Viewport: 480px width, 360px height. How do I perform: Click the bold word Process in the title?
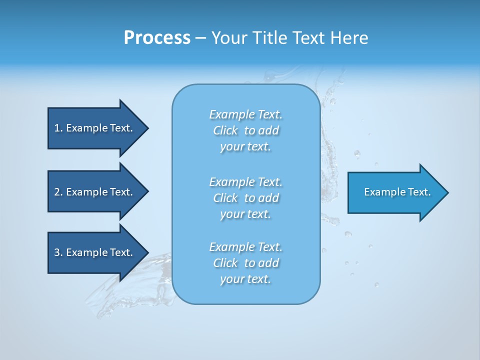157,38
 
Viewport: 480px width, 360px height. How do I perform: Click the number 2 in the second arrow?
57,192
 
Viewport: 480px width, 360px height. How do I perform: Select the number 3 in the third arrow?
57,252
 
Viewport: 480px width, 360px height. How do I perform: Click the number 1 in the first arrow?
56,128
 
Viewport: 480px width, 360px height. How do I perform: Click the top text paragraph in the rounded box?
245,130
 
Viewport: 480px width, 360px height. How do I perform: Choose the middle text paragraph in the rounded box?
245,198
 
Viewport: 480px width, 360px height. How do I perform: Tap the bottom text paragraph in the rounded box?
245,263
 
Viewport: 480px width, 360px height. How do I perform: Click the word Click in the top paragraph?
225,131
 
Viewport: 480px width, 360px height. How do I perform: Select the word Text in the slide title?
307,38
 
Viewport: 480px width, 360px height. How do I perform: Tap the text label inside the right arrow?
397,192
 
